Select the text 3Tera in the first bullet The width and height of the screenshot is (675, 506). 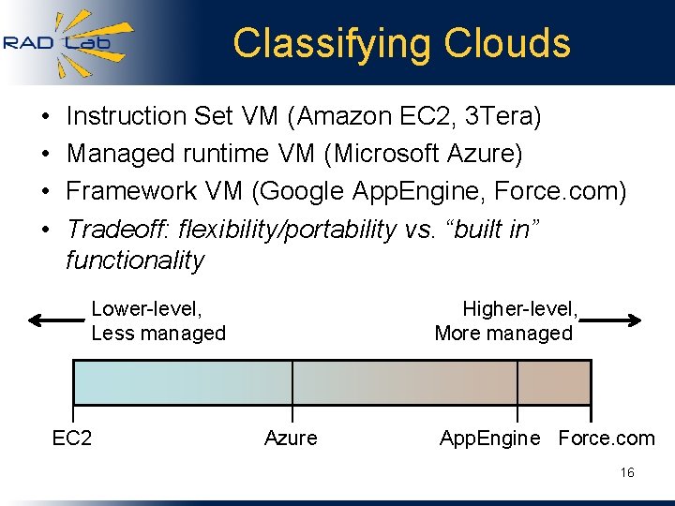click(x=502, y=116)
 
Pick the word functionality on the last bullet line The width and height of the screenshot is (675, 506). click(x=134, y=260)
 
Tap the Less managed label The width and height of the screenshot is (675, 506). click(x=158, y=334)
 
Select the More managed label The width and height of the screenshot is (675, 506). click(x=503, y=334)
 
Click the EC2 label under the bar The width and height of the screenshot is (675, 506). click(x=72, y=438)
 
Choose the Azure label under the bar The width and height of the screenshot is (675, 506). click(x=291, y=438)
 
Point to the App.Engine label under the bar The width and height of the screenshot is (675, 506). click(x=490, y=438)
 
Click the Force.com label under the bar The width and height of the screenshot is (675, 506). click(x=607, y=438)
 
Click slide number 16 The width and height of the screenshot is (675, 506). click(x=627, y=473)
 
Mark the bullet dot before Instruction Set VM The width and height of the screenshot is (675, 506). click(x=46, y=117)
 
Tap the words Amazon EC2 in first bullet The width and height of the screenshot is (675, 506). click(x=370, y=116)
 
